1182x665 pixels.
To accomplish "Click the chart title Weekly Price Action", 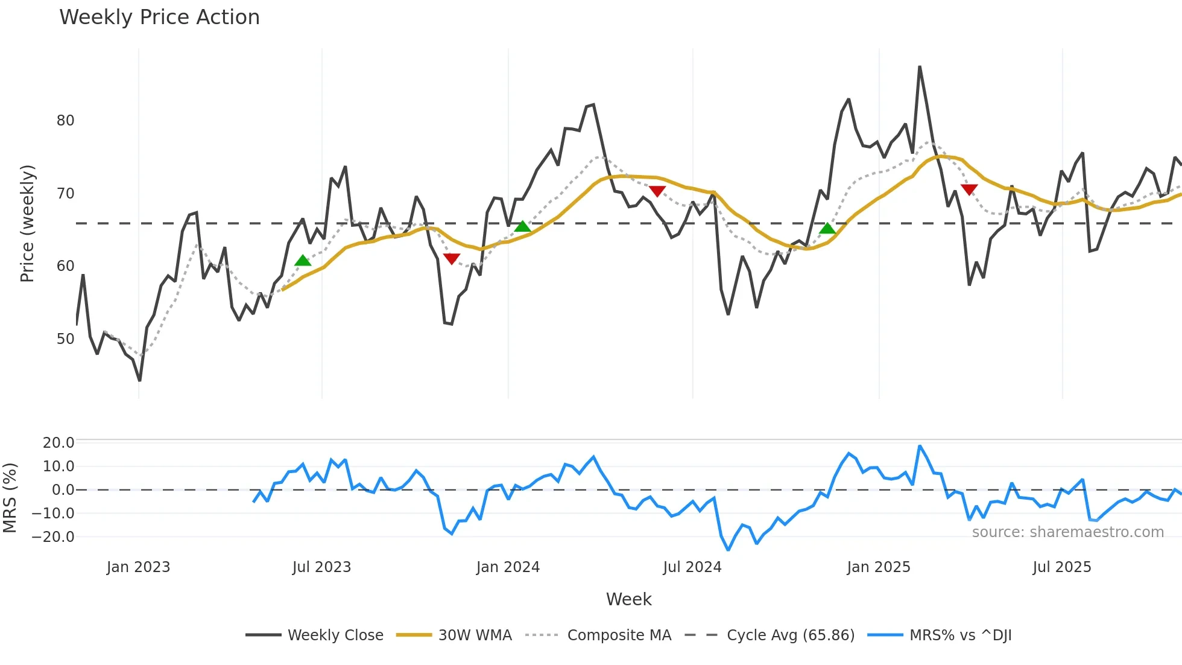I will point(159,17).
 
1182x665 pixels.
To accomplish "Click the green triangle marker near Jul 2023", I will point(303,261).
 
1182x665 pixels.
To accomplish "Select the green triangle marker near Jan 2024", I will point(522,227).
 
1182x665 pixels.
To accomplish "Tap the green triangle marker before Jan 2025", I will point(827,229).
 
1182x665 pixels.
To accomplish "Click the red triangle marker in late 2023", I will point(452,258).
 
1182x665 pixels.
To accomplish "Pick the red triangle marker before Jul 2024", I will point(657,191).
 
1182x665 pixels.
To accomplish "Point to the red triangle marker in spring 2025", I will point(969,189).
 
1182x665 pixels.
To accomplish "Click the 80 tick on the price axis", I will point(65,121).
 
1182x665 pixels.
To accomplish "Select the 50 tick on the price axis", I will point(65,339).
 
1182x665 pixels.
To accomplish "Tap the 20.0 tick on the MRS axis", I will point(58,443).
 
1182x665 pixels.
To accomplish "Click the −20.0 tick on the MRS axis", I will point(54,537).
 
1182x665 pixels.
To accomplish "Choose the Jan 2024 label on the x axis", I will point(508,567).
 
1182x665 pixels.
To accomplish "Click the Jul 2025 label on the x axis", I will point(1061,567).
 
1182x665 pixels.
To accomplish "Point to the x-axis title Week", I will point(628,599).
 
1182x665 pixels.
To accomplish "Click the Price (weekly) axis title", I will point(27,223).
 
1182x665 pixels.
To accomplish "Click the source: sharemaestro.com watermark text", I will point(1067,532).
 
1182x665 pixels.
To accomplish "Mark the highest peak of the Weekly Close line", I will point(920,67).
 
